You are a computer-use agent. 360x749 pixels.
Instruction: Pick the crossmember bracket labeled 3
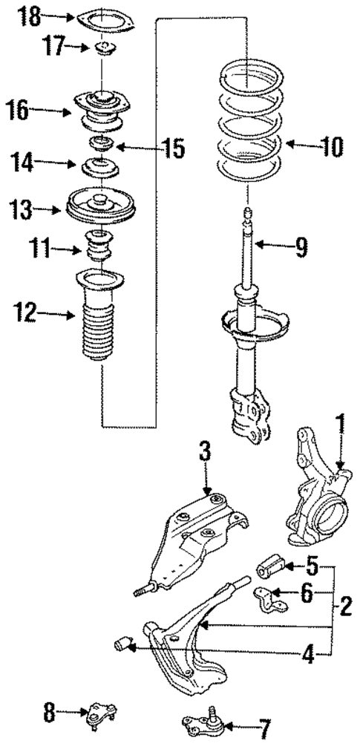(197, 534)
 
